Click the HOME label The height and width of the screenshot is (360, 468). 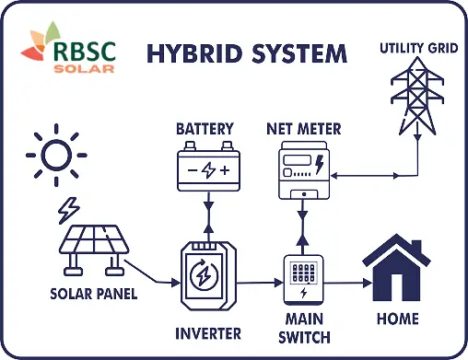coord(397,319)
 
